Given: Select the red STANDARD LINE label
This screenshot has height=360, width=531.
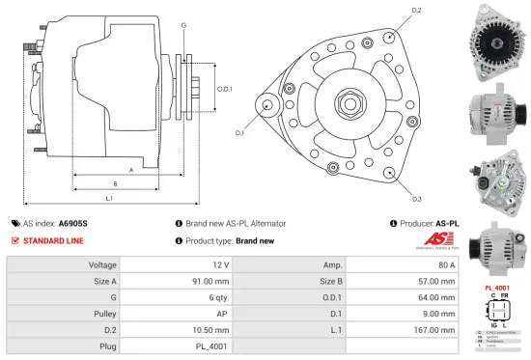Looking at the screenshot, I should [55, 240].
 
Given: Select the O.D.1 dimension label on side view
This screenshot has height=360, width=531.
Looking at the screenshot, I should [224, 89].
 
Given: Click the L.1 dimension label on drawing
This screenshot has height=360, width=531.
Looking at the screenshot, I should [110, 198].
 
